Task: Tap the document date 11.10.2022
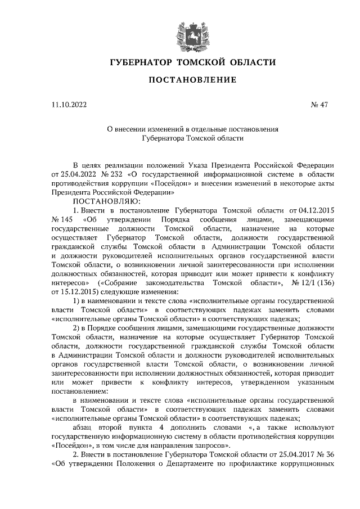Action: pyautogui.click(x=69, y=104)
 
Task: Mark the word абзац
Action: pyautogui.click(x=85, y=426)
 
